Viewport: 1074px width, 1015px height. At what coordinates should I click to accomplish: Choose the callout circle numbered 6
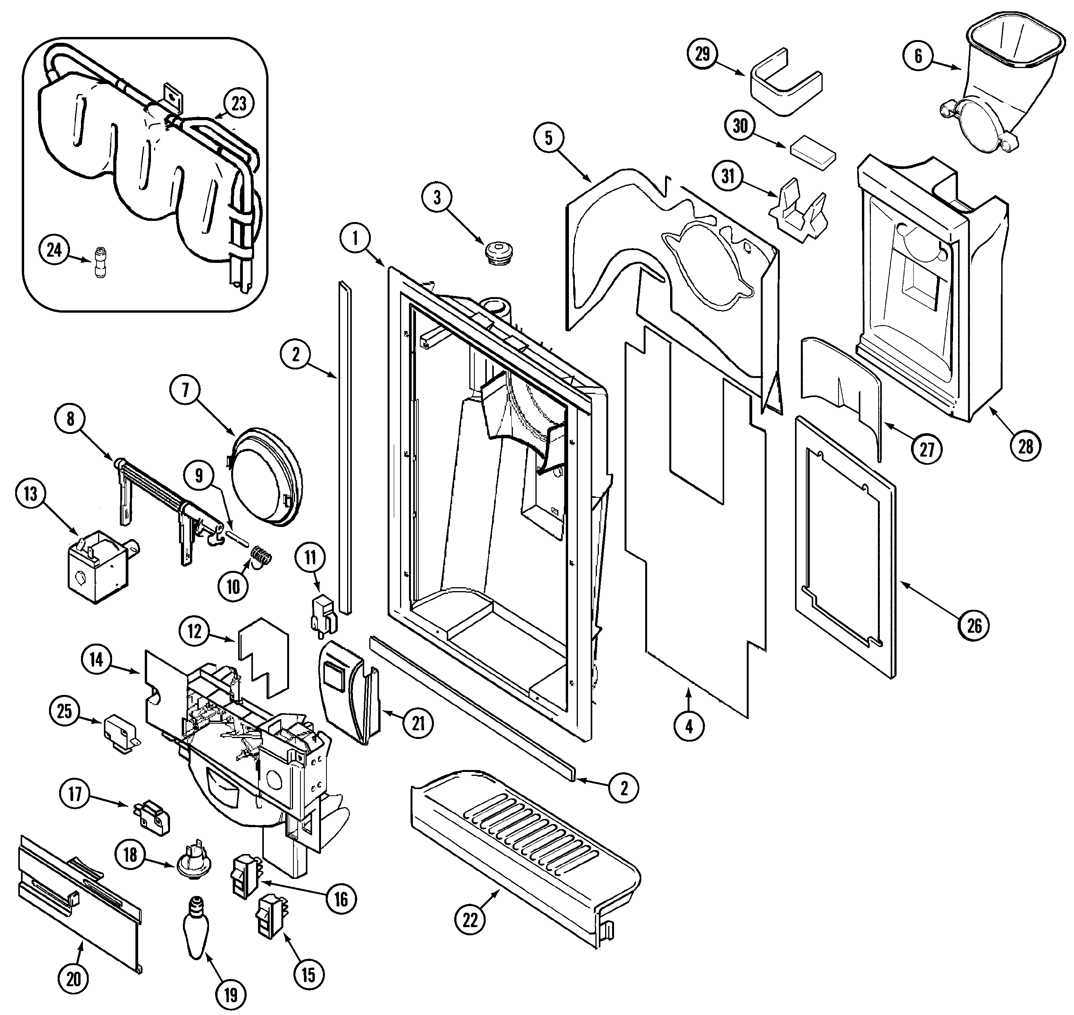[x=918, y=56]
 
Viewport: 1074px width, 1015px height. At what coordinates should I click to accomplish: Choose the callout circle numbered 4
[x=689, y=726]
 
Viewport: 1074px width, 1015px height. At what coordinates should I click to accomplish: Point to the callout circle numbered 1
[x=355, y=238]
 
